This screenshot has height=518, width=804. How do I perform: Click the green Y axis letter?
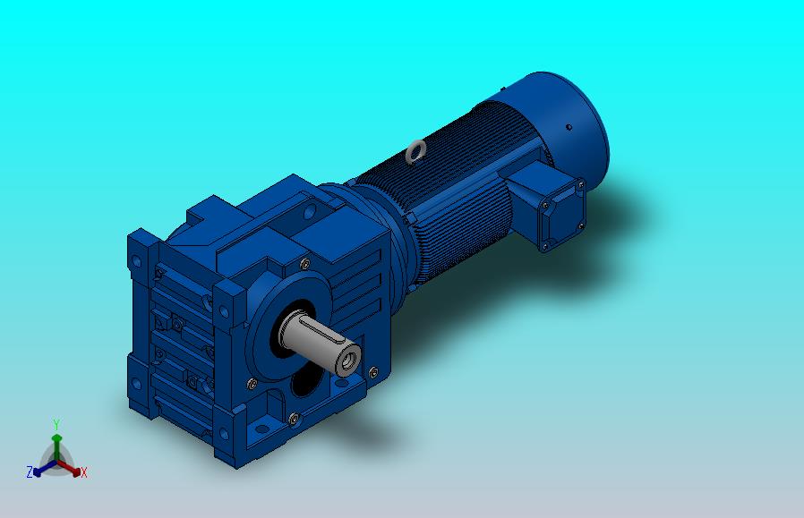point(56,424)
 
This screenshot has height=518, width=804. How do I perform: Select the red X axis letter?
point(83,472)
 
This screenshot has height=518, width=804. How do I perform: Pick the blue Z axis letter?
point(30,472)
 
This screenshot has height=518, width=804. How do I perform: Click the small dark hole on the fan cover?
point(569,127)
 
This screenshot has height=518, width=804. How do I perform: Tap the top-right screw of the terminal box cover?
point(581,184)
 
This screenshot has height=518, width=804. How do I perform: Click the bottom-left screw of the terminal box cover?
point(544,247)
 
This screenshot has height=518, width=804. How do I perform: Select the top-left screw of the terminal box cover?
point(545,205)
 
